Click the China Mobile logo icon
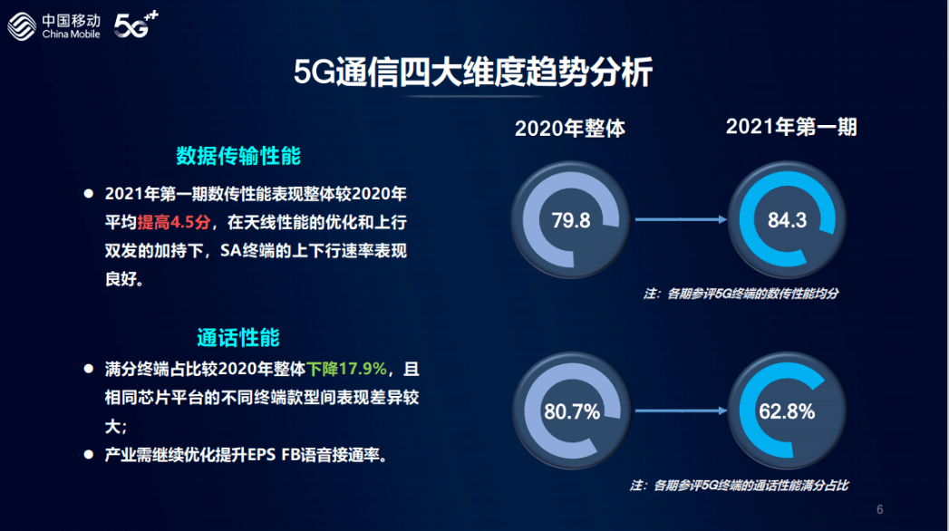22,26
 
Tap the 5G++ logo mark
136,24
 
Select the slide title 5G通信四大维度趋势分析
472,72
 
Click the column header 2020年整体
569,128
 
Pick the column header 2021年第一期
791,127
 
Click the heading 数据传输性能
238,156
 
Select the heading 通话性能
238,337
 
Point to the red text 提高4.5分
174,223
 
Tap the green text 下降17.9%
346,368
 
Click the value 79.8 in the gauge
571,220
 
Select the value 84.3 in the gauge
787,220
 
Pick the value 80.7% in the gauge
572,412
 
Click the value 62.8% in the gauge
787,412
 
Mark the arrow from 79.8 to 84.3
681,219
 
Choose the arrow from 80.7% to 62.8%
681,410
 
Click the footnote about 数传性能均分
741,294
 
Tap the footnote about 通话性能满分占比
739,486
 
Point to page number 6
880,510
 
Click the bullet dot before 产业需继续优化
88,454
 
